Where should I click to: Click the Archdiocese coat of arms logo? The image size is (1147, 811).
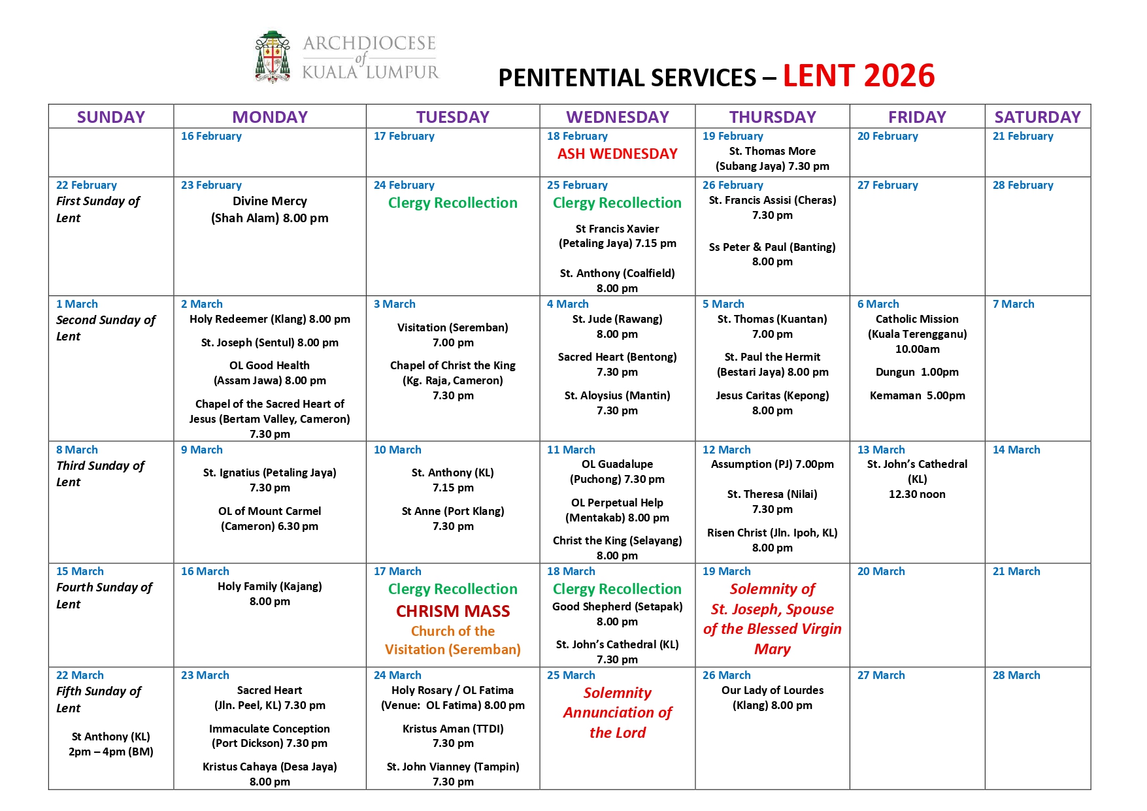273,58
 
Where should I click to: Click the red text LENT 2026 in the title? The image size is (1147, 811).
858,76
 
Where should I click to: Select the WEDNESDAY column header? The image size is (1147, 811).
617,117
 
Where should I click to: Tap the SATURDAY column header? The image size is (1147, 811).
1037,117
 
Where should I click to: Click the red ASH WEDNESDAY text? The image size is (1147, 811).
617,154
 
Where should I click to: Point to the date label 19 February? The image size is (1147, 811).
732,136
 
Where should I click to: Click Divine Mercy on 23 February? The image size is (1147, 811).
269,201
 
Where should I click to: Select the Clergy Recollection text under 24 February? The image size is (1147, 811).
452,203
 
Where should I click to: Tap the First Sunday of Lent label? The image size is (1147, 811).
98,209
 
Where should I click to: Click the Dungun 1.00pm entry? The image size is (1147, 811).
917,372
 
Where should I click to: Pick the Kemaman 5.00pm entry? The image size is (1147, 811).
917,395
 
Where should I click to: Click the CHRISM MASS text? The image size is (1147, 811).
452,611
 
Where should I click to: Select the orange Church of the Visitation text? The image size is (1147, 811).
452,640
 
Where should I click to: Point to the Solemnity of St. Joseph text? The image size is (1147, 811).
772,619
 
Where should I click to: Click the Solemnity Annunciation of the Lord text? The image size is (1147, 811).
617,712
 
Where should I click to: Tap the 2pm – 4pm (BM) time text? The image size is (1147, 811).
110,752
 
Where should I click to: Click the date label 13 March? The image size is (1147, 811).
880,450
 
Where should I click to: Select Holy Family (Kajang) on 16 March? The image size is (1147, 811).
269,586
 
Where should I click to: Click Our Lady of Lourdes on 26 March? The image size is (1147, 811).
772,690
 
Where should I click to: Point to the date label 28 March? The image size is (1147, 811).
1016,675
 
